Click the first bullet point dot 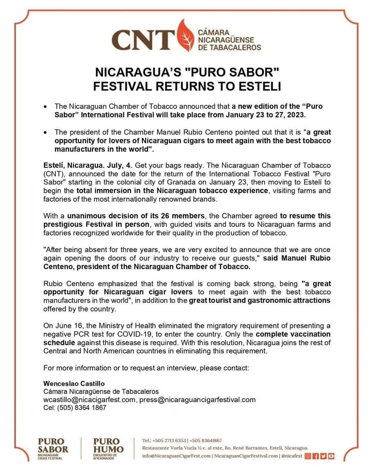tap(45, 107)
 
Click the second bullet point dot tap(45, 132)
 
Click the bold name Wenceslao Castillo tap(74, 384)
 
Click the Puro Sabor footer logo tap(53, 448)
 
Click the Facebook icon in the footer tap(315, 456)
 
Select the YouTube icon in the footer tap(331, 456)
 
